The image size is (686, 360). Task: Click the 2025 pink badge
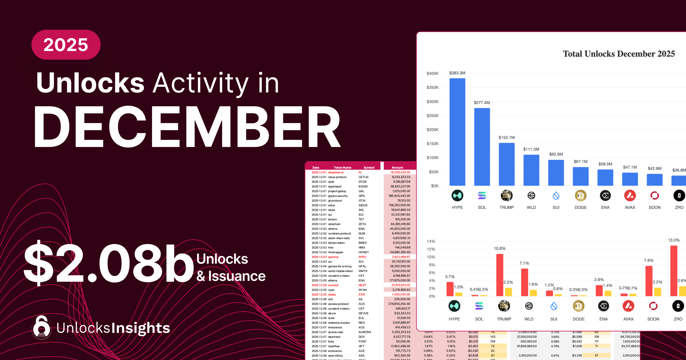pos(66,45)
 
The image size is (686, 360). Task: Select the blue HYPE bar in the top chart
pos(457,132)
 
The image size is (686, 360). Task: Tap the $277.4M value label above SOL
pos(482,103)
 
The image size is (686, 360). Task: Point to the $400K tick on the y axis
pos(432,73)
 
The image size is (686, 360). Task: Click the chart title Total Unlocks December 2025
pos(619,54)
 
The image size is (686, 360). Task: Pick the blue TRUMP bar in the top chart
pos(506,164)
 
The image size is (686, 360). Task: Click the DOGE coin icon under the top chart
pos(580,195)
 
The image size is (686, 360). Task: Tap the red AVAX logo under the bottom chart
pos(628,306)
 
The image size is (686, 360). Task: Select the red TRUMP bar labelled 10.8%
pos(500,275)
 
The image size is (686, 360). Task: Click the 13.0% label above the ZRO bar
pos(674,240)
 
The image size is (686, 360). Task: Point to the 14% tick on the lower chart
pos(431,241)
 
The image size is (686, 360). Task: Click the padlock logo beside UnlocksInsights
pos(41,327)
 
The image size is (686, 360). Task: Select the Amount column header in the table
pos(397,167)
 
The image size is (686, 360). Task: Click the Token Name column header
pos(342,167)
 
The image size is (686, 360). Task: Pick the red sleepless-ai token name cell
pos(336,172)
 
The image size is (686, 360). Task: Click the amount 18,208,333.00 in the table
pos(400,172)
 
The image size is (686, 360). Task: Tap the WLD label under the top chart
pos(531,207)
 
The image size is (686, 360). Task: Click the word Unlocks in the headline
pos(90,83)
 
